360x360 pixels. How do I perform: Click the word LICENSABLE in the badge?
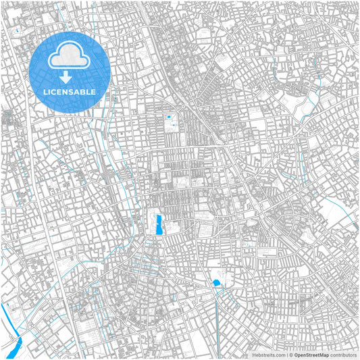coord(68,92)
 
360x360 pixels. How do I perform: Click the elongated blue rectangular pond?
coord(159,225)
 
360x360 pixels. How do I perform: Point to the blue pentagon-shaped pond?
coord(217,282)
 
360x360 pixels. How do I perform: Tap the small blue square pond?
coord(169,118)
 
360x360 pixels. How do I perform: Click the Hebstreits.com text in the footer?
coord(269,355)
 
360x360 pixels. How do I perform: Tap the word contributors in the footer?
coord(343,355)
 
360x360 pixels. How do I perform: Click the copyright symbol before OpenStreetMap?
coord(290,355)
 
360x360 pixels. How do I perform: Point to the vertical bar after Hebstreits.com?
coord(286,355)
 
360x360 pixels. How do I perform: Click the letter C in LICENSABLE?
coord(53,92)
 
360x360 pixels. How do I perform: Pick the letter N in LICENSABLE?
coord(64,92)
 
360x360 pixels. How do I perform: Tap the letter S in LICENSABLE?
coord(70,92)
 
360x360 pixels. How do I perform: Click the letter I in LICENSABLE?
coord(48,92)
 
